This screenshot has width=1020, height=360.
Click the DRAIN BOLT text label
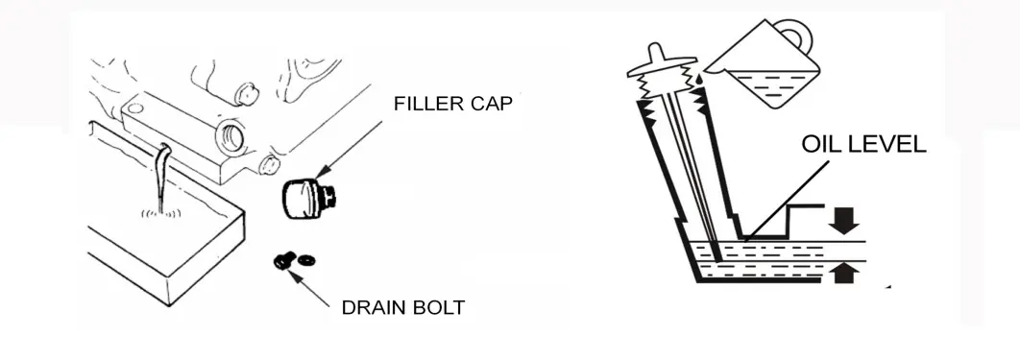[x=403, y=307]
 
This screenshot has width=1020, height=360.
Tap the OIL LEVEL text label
[x=863, y=144]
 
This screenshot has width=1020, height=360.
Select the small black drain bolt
[x=282, y=262]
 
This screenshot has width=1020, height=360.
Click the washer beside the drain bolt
[x=305, y=260]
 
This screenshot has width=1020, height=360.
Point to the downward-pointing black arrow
[x=843, y=221]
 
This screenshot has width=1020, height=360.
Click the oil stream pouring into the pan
[x=162, y=177]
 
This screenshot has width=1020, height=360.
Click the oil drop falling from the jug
[x=698, y=80]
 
